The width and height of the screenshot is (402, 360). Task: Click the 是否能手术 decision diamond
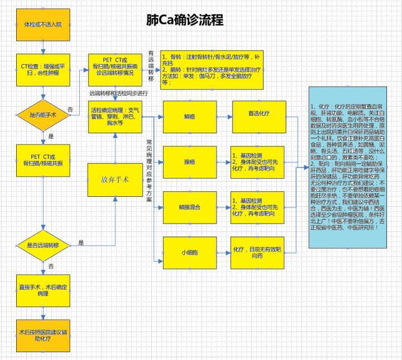44,115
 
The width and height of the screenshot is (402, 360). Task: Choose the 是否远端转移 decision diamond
44,245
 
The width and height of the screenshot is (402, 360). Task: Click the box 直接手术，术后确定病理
44,290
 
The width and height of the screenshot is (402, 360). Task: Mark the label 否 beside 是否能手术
70,108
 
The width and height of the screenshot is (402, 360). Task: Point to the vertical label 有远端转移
151,66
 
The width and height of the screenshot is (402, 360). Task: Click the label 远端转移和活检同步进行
118,93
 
